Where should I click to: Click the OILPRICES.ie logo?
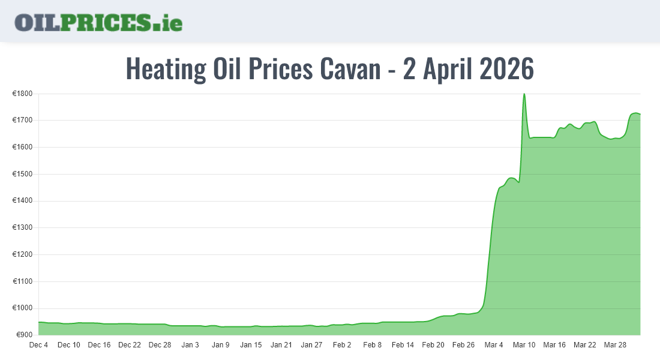pyautogui.click(x=98, y=22)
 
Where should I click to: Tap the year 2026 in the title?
pyautogui.click(x=503, y=69)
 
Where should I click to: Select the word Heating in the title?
pyautogui.click(x=166, y=69)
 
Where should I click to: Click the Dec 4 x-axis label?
pyautogui.click(x=38, y=345)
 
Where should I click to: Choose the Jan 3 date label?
pyautogui.click(x=190, y=345)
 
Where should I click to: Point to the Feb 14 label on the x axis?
pyautogui.click(x=403, y=345)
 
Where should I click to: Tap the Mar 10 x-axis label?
pyautogui.click(x=524, y=345)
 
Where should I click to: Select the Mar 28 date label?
pyautogui.click(x=615, y=345)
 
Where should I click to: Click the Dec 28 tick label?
pyautogui.click(x=160, y=345)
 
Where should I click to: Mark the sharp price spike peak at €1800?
pyautogui.click(x=524, y=94)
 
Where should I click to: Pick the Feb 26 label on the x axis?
pyautogui.click(x=463, y=345)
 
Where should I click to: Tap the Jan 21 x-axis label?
pyautogui.click(x=281, y=345)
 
